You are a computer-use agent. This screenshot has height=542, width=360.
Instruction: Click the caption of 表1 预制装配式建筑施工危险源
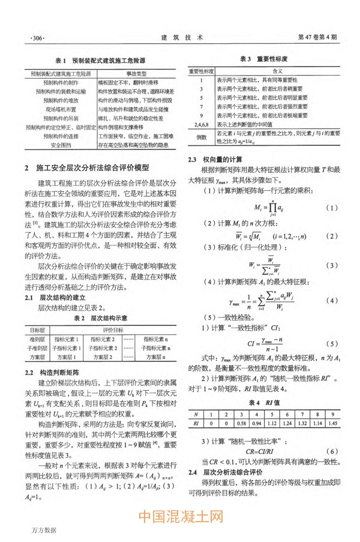(102, 61)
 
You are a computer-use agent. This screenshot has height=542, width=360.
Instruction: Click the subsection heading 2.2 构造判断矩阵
(58, 372)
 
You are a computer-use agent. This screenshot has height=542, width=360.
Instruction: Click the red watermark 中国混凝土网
(180, 517)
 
